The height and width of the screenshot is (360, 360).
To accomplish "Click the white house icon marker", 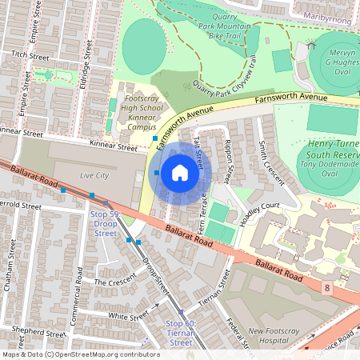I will point(180,172).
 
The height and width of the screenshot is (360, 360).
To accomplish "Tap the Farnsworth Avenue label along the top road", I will point(291,98).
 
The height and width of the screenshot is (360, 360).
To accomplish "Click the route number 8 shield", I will point(326,286).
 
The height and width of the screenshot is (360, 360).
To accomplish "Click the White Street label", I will point(128,317).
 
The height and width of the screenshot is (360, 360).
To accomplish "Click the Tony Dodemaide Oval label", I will point(330,169).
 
